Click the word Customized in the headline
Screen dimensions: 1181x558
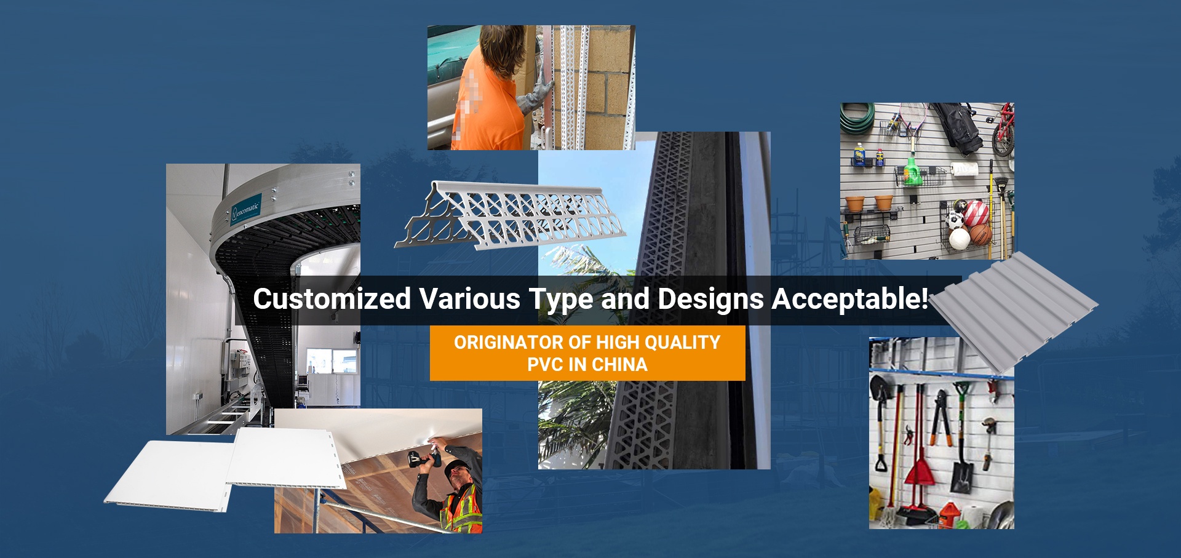coord(332,299)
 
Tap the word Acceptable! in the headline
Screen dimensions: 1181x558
coord(850,299)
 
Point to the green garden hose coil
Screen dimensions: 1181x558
coord(857,118)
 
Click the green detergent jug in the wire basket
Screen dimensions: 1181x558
coord(911,171)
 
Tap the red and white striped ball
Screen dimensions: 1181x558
coord(976,213)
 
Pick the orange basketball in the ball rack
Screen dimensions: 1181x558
coord(980,234)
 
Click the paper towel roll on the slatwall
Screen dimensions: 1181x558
coord(964,169)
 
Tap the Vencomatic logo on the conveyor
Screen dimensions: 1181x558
coord(246,209)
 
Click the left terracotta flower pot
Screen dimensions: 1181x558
coord(855,204)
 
